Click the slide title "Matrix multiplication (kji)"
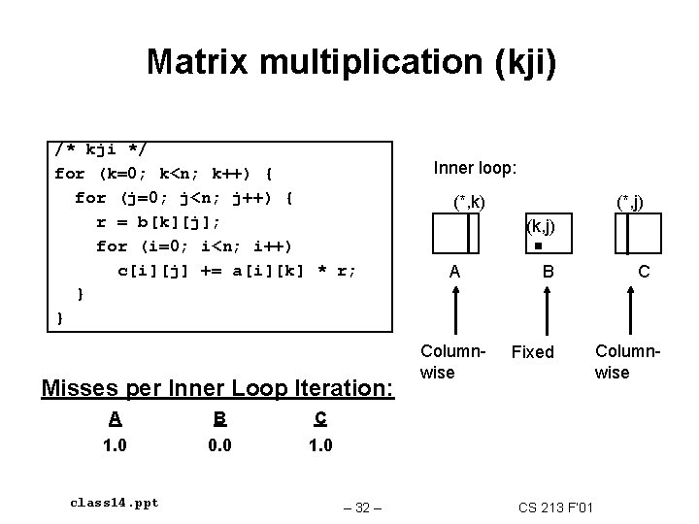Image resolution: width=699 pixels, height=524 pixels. [x=351, y=62]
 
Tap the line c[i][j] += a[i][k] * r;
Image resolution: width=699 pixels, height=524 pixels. [x=237, y=269]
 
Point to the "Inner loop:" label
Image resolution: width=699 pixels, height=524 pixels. [x=475, y=168]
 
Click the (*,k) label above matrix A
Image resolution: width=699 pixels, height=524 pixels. [x=470, y=203]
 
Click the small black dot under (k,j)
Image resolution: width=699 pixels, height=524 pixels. [x=537, y=246]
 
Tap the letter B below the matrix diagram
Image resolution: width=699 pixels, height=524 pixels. [x=548, y=274]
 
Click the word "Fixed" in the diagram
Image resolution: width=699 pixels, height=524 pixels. [x=533, y=352]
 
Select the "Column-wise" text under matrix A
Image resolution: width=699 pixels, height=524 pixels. [x=447, y=360]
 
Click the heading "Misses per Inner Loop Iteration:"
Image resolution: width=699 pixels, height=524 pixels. [x=218, y=388]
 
